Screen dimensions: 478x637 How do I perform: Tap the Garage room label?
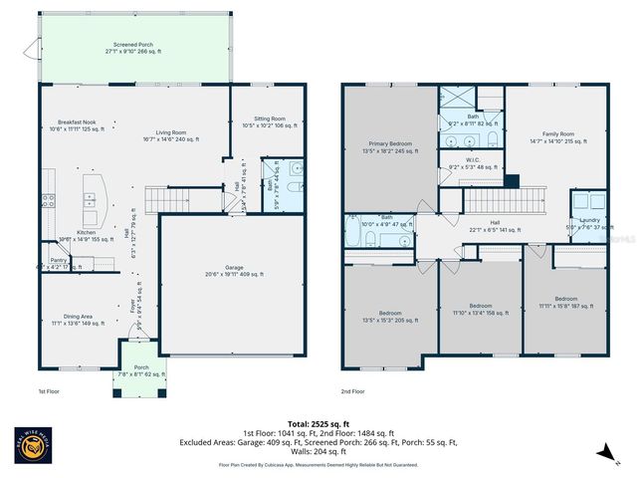point(234,270)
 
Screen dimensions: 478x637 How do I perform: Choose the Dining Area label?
point(76,319)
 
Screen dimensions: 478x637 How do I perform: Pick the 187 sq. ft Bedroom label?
point(565,301)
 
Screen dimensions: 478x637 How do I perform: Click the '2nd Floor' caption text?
point(351,391)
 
